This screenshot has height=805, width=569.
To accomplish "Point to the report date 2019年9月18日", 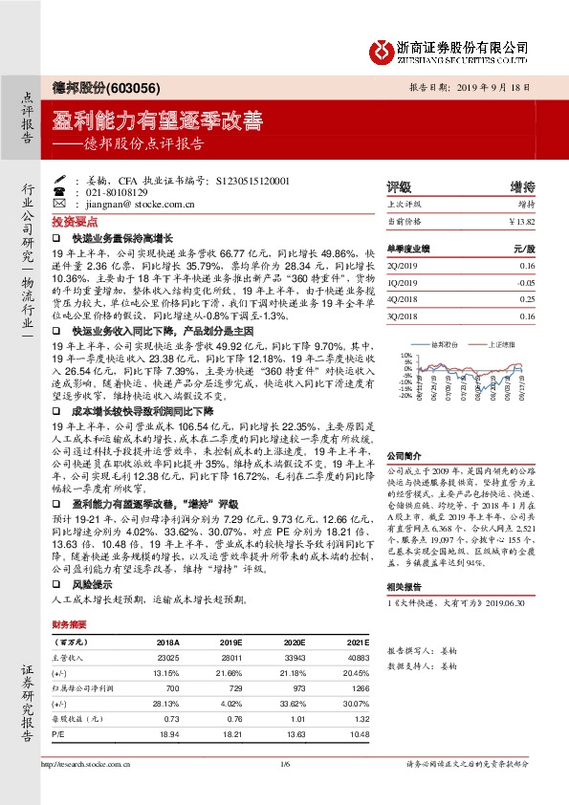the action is point(500,85).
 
